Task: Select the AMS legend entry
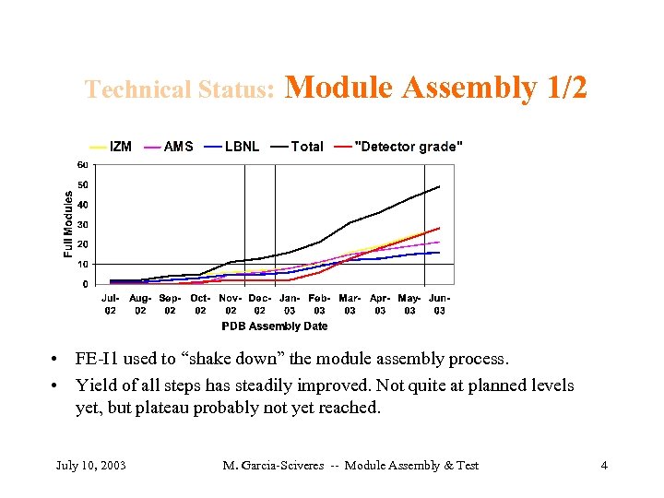pos(178,146)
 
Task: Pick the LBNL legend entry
pos(242,146)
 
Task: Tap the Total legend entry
pos(306,146)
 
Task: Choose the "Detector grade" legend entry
pos(409,146)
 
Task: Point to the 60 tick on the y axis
pos(82,165)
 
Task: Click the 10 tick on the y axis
pos(82,264)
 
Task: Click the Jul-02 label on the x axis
pos(111,304)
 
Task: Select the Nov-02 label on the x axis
pos(231,304)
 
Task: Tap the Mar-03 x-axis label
pos(350,304)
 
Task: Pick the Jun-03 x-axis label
pos(440,304)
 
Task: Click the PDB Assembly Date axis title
pos(275,326)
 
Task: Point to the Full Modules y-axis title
pos(68,224)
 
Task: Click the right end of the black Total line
pos(440,187)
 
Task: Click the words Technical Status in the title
pos(180,89)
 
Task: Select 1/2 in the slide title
pos(566,88)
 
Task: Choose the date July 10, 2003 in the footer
pos(91,465)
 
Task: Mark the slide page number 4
pos(604,465)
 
